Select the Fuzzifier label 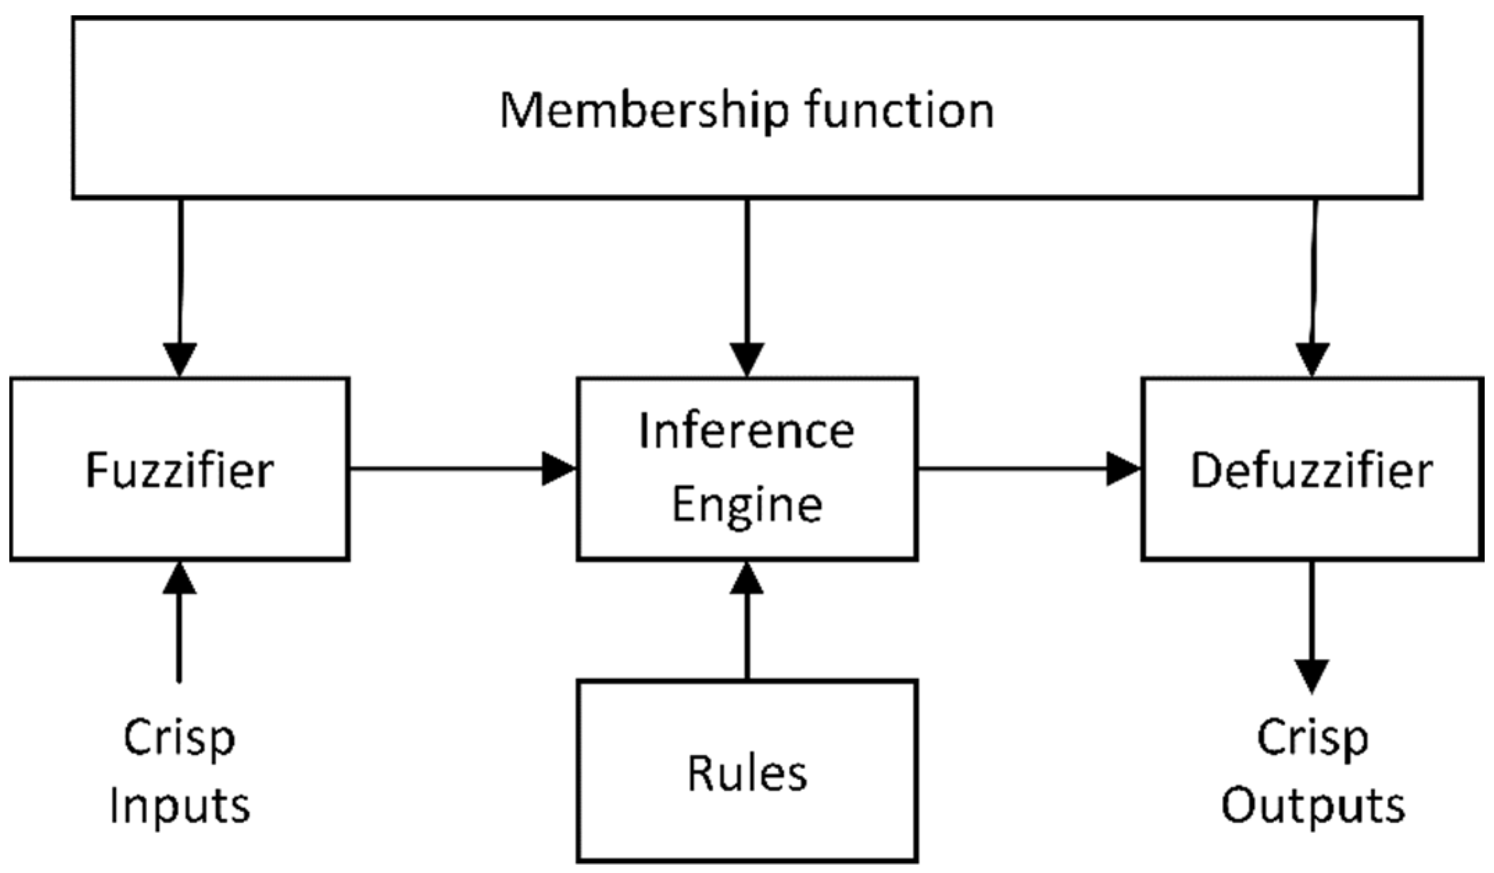pos(179,471)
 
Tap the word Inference pos(746,431)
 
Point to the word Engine pos(747,505)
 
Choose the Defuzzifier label pos(1312,471)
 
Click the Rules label pos(747,774)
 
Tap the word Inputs pos(179,807)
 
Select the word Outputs pos(1312,807)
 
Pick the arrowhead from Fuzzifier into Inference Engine pos(558,469)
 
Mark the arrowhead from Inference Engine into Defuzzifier pos(1122,469)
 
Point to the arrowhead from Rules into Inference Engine pos(747,579)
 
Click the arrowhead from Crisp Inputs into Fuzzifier pos(180,579)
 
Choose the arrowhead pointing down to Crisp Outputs pos(1312,675)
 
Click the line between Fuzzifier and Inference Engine pos(444,469)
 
